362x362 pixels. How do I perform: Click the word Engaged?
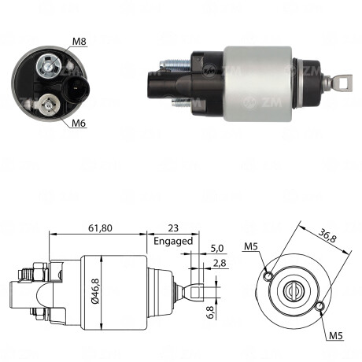point(173,241)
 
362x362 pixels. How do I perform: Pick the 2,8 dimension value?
point(220,264)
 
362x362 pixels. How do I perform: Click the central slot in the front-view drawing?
point(296,290)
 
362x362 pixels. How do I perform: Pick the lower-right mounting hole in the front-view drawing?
point(321,305)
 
